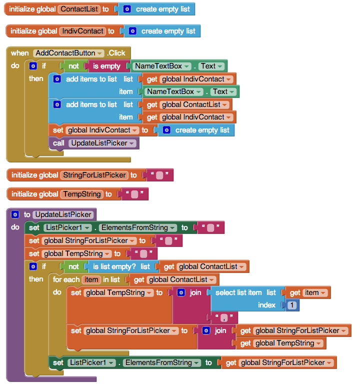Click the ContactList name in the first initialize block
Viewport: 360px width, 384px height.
coord(79,9)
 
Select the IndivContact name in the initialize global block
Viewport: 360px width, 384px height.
coord(83,31)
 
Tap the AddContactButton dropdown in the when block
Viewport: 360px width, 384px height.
coord(68,53)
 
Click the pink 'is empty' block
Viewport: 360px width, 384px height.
coord(106,66)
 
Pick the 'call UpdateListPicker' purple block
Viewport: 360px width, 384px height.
coord(94,143)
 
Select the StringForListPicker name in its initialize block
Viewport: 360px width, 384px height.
coord(94,175)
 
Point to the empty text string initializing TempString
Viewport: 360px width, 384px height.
coord(134,194)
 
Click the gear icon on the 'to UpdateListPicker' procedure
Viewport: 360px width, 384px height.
coord(15,214)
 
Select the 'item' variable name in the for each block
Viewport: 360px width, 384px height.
coord(91,279)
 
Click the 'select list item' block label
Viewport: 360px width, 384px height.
coord(238,292)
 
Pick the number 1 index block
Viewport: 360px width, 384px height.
coord(292,305)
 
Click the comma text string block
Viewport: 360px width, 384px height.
coord(224,317)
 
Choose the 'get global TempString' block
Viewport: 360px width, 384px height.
coord(281,343)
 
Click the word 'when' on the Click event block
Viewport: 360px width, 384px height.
coord(20,53)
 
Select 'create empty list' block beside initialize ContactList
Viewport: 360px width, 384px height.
coord(156,9)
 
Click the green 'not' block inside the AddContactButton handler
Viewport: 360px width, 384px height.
coord(73,66)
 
